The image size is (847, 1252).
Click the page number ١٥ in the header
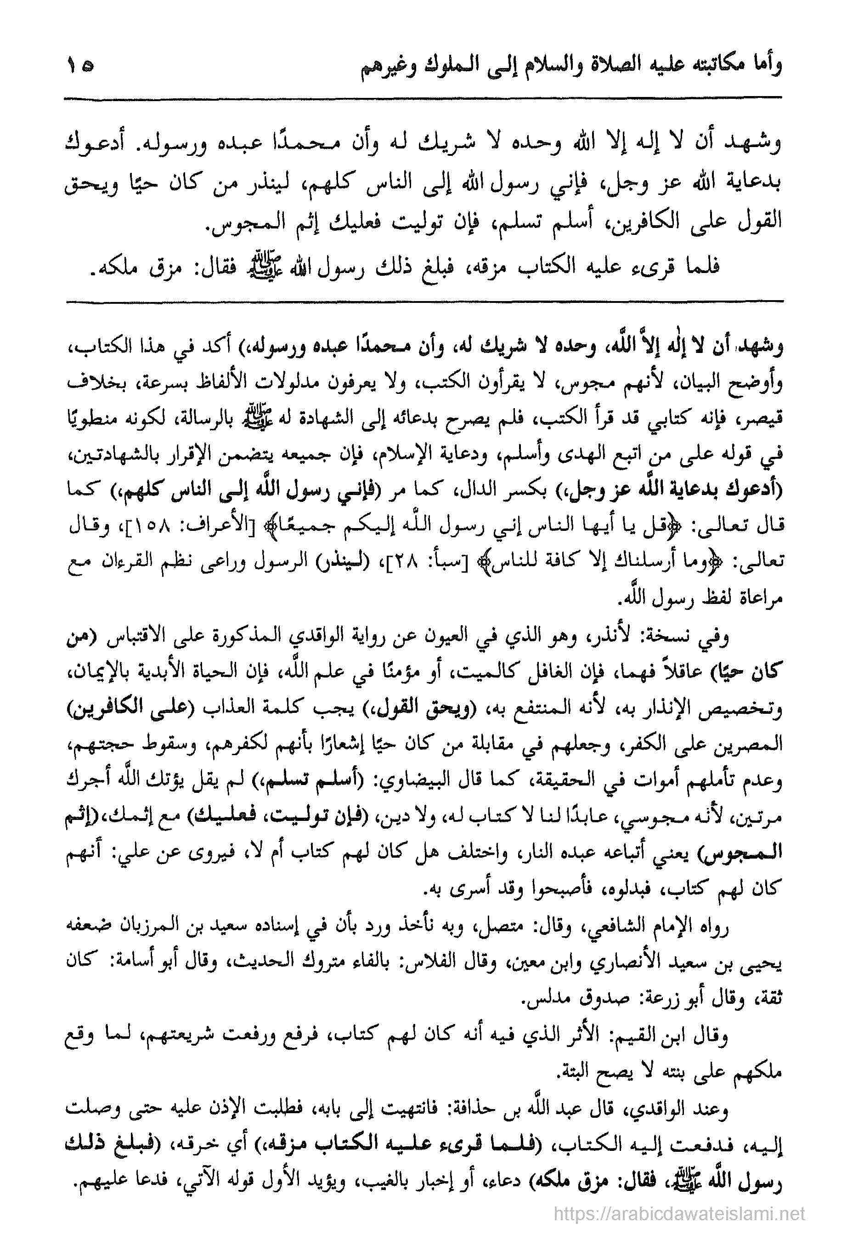pos(79,69)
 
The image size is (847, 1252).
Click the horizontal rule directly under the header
pos(423,98)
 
